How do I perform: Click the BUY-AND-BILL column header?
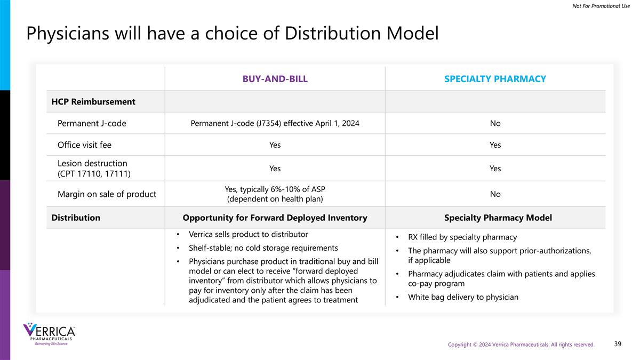pos(275,79)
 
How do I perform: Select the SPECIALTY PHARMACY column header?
pos(495,79)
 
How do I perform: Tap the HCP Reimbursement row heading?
pos(93,101)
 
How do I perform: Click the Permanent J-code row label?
pos(92,123)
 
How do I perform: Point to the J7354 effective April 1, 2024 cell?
pos(275,123)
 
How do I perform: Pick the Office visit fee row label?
pos(84,145)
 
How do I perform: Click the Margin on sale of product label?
pos(107,194)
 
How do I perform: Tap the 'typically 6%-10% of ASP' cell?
pos(275,194)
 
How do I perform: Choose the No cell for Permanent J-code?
pos(495,123)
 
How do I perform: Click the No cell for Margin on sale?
pos(495,194)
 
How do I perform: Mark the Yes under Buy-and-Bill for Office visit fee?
pos(275,145)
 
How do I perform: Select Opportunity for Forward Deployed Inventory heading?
pos(275,218)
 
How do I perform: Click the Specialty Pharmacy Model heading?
pos(498,218)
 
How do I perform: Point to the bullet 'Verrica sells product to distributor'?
pos(248,234)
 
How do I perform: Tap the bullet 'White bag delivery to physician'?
pos(463,297)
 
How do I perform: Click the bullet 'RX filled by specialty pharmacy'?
pos(462,237)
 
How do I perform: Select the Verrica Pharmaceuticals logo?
pos(49,334)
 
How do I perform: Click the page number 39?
pos(618,344)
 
